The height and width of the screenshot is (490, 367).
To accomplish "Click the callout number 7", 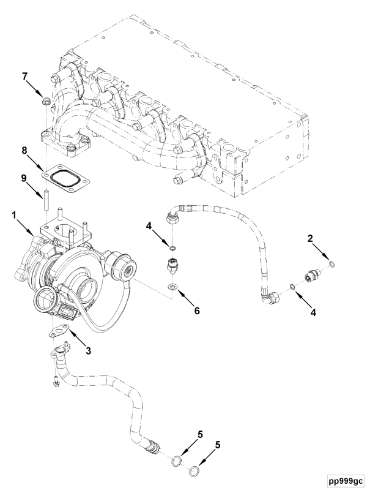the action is click(25, 77).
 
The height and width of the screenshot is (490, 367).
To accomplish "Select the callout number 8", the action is click(25, 150).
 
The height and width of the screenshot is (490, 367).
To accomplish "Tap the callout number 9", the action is click(24, 178).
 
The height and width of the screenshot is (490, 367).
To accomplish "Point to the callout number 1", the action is click(13, 215).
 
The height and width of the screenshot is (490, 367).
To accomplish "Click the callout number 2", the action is click(310, 239).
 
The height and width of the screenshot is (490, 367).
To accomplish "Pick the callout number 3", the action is click(89, 350).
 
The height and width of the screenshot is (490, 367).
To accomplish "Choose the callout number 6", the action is click(197, 311).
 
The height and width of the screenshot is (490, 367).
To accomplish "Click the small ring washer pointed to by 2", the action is click(333, 265).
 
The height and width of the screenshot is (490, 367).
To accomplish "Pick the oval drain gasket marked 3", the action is click(58, 331).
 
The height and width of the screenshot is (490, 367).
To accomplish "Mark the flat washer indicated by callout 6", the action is click(172, 286).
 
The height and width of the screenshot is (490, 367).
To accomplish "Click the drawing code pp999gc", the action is click(346, 480).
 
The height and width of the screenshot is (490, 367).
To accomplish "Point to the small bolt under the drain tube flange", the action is click(56, 382).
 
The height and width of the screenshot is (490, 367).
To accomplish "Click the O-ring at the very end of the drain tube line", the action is click(194, 470).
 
